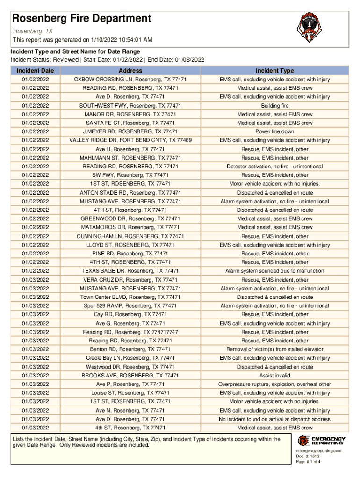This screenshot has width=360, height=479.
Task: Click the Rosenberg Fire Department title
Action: click(81, 18)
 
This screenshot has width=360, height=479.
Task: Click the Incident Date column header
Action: click(35, 71)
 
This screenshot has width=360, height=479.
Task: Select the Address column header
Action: click(130, 71)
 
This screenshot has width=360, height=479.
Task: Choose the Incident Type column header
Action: click(274, 71)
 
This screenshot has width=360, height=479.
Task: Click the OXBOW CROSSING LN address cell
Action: click(130, 80)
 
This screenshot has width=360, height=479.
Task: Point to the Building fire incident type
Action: click(274, 106)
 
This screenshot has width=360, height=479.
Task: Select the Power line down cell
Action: click(274, 132)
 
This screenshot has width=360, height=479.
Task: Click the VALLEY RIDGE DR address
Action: click(130, 140)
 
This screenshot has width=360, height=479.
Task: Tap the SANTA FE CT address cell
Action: click(130, 123)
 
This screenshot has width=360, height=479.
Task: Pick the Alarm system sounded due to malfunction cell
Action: click(274, 271)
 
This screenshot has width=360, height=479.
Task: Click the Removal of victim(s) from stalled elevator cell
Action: click(274, 349)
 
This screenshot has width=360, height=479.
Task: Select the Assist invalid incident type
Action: click(274, 376)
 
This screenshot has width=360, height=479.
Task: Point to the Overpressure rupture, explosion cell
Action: click(274, 385)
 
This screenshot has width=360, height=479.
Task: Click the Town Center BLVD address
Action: click(130, 297)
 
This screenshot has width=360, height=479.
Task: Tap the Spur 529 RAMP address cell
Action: click(130, 306)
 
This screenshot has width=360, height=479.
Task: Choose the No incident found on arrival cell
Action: click(274, 419)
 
